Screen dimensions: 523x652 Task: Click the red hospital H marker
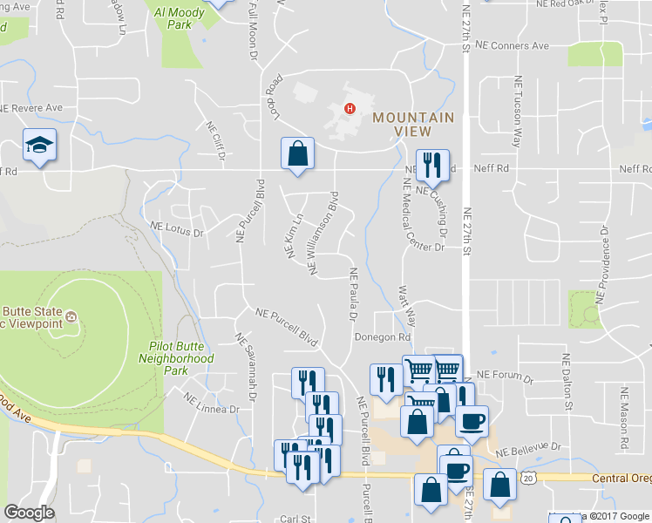(x=350, y=109)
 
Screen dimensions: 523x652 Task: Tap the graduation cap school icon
(x=39, y=146)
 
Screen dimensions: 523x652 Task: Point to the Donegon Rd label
(x=382, y=337)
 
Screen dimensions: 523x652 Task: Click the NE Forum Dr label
(x=505, y=374)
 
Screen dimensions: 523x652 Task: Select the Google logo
(x=29, y=513)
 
